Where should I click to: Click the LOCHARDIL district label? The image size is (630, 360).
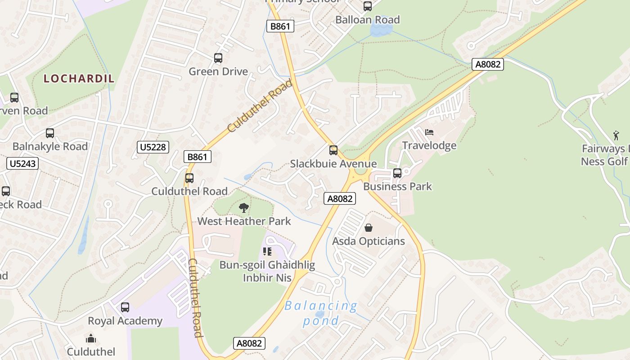coord(79,78)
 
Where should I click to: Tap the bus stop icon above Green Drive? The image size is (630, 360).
coord(218,58)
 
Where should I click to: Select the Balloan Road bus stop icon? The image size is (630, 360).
coord(368,6)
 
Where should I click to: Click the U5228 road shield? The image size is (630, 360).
coord(153,147)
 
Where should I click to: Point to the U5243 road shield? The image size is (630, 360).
coord(22,163)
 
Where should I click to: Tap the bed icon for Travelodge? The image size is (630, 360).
coord(429,132)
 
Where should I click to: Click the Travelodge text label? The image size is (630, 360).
coord(429,145)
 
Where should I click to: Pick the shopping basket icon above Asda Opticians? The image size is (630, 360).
coord(369,228)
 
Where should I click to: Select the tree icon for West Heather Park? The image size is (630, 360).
coord(244,208)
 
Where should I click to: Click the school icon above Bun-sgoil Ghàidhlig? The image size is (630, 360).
coord(267,252)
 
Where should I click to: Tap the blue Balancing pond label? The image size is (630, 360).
coord(321,313)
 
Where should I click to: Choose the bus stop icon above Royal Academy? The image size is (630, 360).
coord(125,307)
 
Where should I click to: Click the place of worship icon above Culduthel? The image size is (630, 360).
coord(91,338)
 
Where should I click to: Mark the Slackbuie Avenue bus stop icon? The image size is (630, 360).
coord(333,150)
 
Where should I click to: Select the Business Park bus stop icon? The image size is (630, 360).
coord(397,173)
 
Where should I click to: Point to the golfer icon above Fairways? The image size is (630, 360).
coord(616,135)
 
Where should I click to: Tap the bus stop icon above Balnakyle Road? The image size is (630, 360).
coord(50,133)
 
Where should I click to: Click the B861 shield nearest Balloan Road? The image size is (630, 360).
coord(280,26)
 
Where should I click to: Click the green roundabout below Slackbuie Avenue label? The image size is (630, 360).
coord(360,171)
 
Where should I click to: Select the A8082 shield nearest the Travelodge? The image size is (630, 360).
coord(488,64)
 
